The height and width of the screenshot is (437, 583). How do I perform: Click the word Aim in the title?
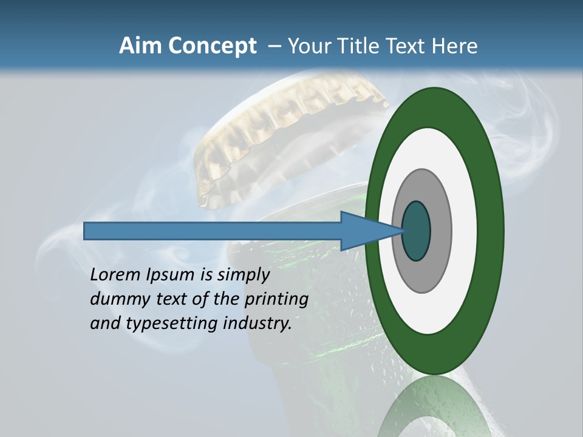pos(139,46)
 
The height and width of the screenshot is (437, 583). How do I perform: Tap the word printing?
pos(276,299)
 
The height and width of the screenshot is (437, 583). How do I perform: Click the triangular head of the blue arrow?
pos(364,231)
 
